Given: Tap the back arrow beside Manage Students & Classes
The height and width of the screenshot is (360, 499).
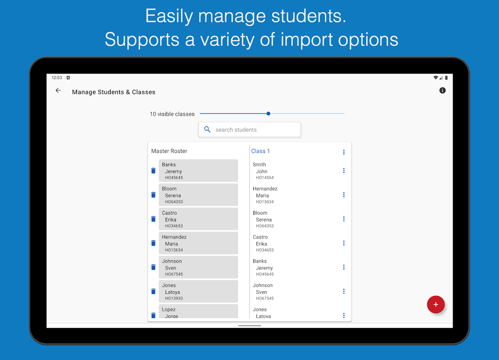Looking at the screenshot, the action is (x=58, y=91).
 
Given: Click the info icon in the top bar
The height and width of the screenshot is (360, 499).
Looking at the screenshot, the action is (x=442, y=91).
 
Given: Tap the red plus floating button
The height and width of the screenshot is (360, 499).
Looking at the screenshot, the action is (x=436, y=305).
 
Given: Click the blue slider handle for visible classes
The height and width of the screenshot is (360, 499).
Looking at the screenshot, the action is (x=268, y=114).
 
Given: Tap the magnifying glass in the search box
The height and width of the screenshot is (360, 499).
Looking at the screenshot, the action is (x=207, y=130).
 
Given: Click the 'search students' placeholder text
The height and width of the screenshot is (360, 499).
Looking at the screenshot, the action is (x=236, y=130).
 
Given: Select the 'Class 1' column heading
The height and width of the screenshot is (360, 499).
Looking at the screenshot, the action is (x=261, y=151).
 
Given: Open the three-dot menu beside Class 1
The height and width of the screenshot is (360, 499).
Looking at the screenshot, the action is (x=344, y=152).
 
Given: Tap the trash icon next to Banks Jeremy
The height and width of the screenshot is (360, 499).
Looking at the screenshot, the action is (x=153, y=171).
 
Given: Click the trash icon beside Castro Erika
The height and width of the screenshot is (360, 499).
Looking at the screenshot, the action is (x=153, y=219).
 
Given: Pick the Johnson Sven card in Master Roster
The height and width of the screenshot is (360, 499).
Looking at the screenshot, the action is (x=198, y=267).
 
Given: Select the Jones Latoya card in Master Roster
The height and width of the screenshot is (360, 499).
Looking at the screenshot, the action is (x=198, y=292).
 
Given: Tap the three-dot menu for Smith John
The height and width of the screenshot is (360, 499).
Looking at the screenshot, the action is (x=344, y=171).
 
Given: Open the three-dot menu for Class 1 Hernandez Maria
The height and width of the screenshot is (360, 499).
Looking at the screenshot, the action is (x=344, y=195).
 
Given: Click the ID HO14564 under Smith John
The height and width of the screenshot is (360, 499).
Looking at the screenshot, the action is (x=265, y=178).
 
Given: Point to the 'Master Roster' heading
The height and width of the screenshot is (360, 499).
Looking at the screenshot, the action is (x=169, y=151).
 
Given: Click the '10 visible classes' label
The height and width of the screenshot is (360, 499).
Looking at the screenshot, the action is (x=172, y=114).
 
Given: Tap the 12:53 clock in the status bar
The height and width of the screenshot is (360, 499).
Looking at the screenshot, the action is (x=57, y=78).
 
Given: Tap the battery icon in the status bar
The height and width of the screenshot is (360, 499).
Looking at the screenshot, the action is (x=446, y=78).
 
